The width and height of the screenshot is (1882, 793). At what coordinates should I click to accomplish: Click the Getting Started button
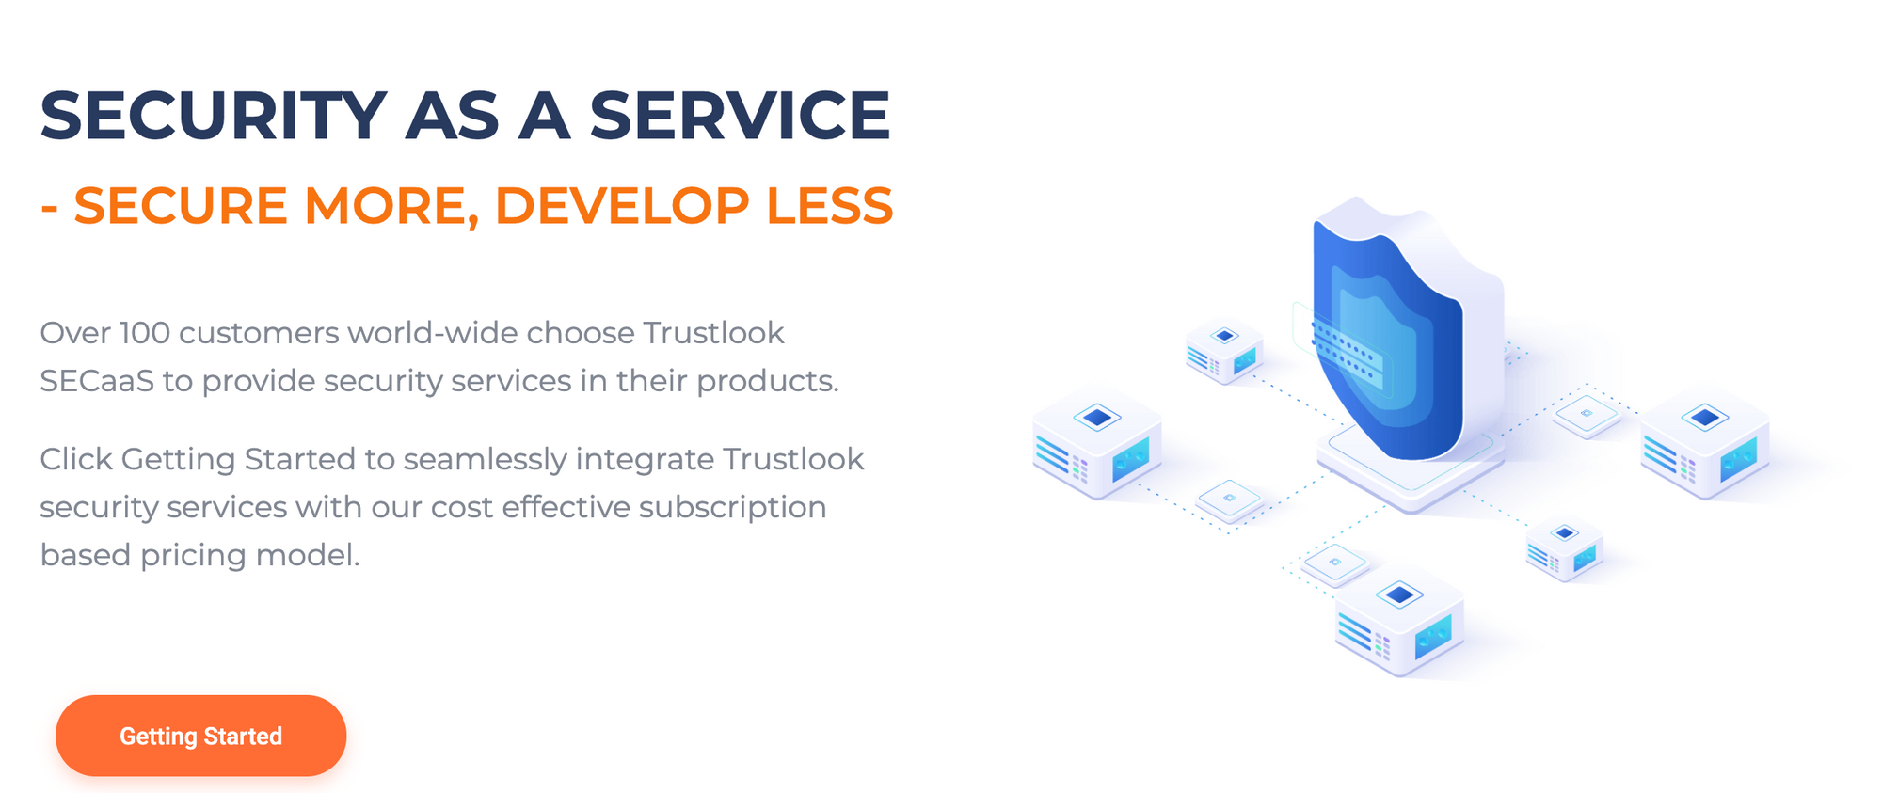tap(200, 736)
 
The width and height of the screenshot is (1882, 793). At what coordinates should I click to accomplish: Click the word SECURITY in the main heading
tap(214, 116)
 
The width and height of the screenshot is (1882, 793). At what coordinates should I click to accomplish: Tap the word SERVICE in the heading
tap(740, 116)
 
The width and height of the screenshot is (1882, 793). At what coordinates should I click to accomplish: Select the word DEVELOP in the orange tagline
tap(622, 205)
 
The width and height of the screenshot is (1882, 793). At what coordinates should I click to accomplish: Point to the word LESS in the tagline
tap(830, 205)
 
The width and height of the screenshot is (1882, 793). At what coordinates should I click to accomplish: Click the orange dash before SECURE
tap(49, 208)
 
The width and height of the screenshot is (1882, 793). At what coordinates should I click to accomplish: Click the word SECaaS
tap(97, 381)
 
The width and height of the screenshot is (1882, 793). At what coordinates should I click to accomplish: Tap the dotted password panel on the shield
tap(1346, 351)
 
